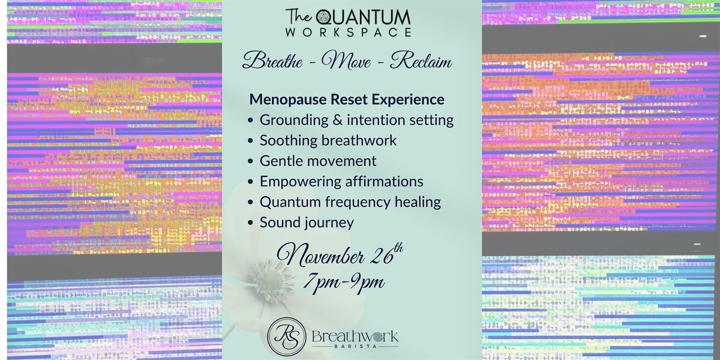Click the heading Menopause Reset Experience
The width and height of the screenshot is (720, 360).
click(347, 99)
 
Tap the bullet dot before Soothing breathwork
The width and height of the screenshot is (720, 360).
click(251, 141)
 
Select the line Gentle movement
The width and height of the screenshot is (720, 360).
click(318, 161)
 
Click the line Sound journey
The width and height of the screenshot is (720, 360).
click(307, 223)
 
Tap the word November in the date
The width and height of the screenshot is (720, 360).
click(322, 256)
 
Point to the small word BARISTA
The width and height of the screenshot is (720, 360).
click(355, 347)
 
